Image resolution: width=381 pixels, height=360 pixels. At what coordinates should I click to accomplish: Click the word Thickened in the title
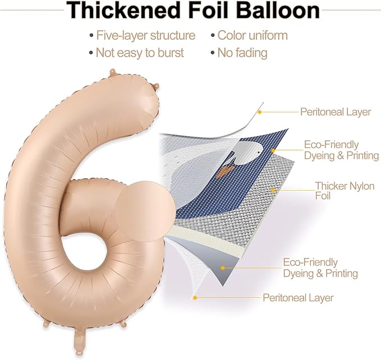122,10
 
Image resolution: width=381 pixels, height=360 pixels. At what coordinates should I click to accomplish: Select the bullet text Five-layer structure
146,36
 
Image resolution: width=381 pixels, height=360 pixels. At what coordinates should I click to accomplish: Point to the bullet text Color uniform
253,35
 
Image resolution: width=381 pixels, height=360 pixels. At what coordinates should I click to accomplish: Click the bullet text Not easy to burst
140,53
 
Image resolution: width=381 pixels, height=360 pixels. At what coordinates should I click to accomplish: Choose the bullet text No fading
242,53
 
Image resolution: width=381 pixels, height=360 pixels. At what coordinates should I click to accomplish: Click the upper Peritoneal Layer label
336,112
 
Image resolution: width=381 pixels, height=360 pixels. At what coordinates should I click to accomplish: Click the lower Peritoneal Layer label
298,298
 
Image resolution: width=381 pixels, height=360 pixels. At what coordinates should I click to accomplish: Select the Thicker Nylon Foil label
345,191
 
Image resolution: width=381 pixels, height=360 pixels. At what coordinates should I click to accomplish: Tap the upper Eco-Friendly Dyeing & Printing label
341,150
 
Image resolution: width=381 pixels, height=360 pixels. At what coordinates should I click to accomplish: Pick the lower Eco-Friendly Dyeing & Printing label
320,267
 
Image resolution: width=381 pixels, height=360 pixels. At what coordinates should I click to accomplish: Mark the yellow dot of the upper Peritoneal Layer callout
259,112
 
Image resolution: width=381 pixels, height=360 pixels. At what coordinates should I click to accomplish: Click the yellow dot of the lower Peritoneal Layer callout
195,298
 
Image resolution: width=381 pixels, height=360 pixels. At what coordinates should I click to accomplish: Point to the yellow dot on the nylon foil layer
273,191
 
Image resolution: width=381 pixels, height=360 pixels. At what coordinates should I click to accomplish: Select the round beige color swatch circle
145,212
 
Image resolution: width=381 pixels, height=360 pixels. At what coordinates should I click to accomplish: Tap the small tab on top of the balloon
112,72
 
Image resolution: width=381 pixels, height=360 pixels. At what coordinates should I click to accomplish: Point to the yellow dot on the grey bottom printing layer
223,267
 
